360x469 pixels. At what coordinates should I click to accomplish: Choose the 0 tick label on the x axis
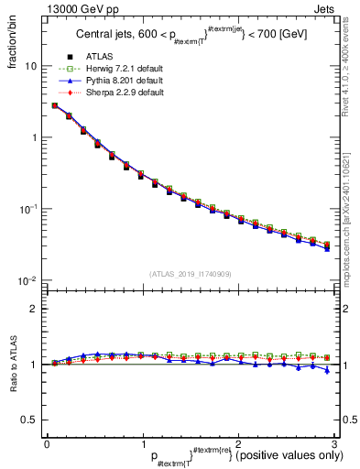coord(47,444)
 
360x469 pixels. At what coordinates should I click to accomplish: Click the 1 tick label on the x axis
coord(142,444)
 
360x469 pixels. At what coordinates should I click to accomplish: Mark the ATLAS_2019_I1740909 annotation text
coord(190,274)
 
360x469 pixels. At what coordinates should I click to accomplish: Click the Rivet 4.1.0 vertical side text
coord(351,64)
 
